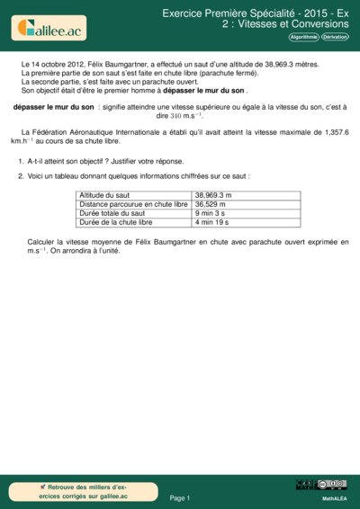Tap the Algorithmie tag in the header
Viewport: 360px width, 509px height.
303,38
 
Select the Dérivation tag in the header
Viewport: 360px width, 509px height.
335,38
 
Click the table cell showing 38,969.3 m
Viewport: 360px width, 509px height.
213,194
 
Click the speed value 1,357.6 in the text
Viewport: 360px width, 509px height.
332,132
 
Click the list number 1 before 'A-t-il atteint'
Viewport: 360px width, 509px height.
20,161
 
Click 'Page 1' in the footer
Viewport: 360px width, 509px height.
180,497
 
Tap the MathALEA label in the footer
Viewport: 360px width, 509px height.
334,497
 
